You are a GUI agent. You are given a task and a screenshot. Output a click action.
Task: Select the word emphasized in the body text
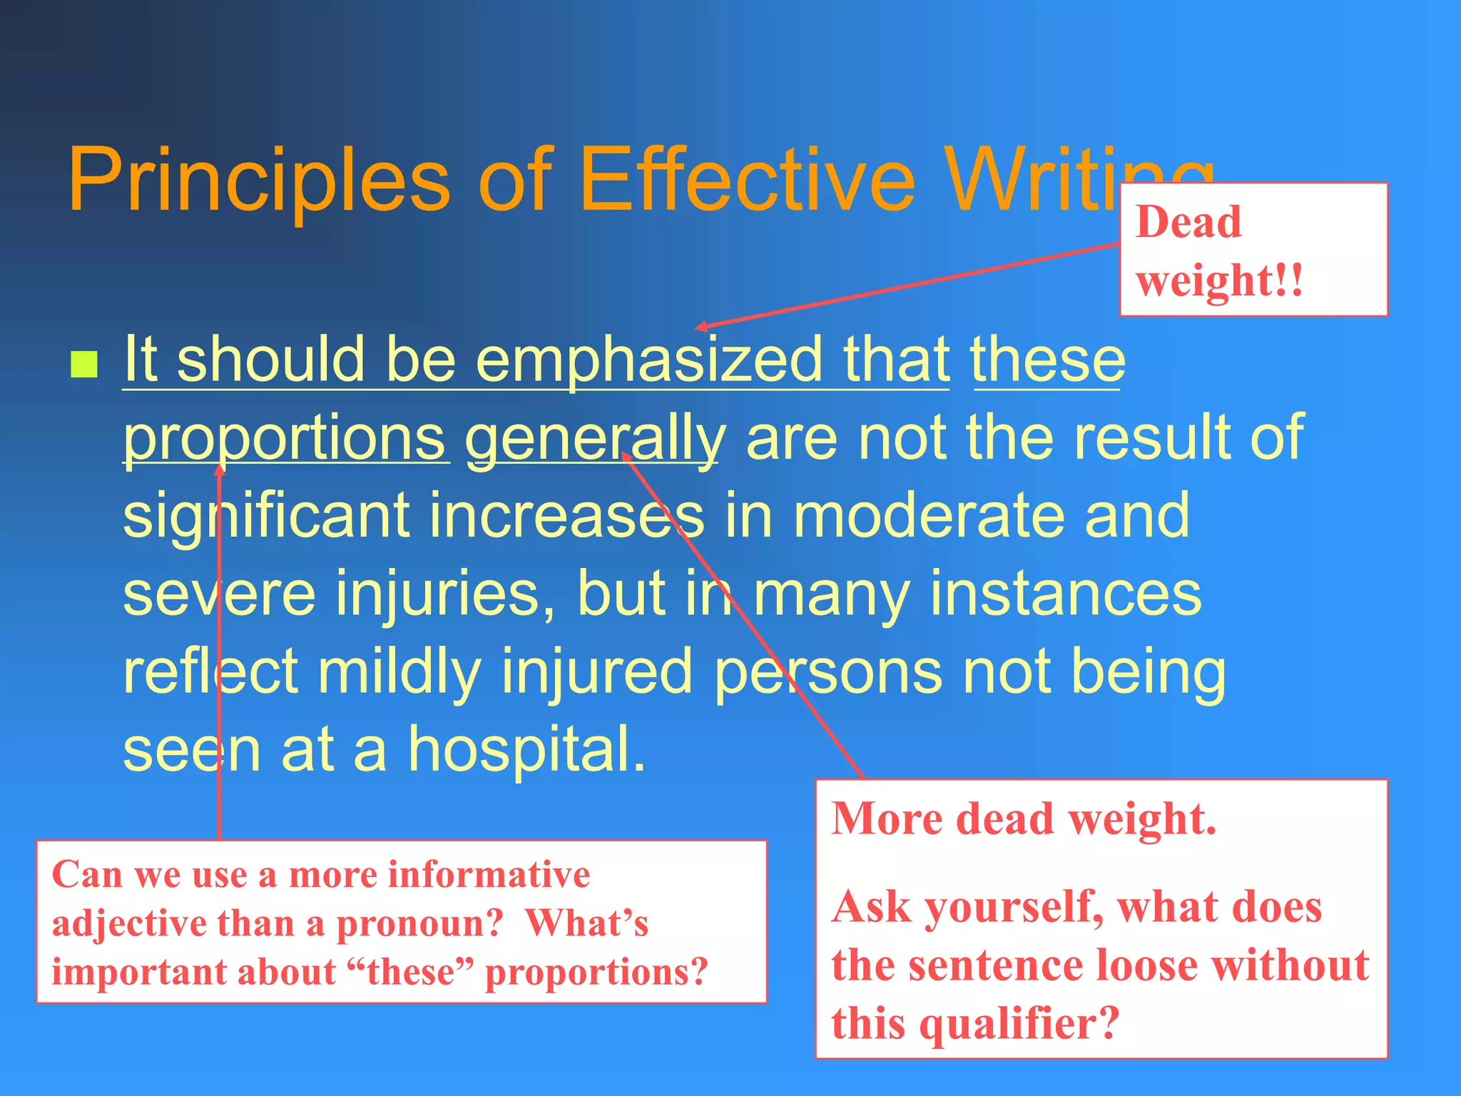point(649,360)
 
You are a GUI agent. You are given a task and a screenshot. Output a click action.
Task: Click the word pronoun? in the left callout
point(419,923)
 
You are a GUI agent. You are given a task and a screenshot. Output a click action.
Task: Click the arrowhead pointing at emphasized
point(701,327)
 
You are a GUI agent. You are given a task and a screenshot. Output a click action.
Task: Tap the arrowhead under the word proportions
point(220,468)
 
